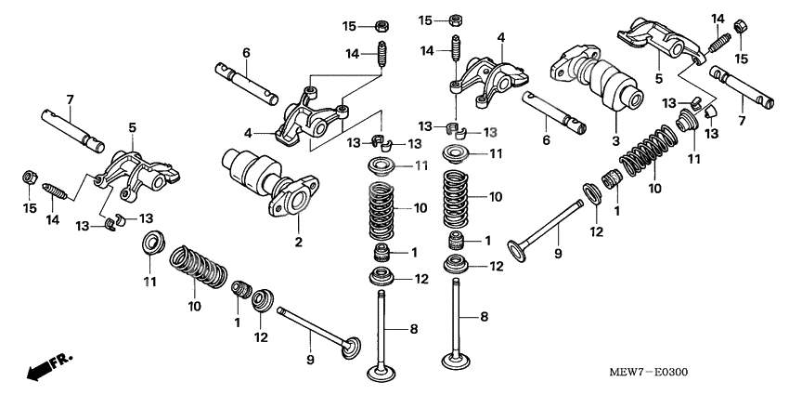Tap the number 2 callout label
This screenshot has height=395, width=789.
point(300,243)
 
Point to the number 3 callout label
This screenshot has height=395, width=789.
point(614,140)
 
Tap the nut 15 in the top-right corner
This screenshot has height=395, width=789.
point(744,26)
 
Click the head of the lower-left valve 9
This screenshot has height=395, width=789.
point(350,346)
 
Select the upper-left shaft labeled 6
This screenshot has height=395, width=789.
point(245,81)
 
